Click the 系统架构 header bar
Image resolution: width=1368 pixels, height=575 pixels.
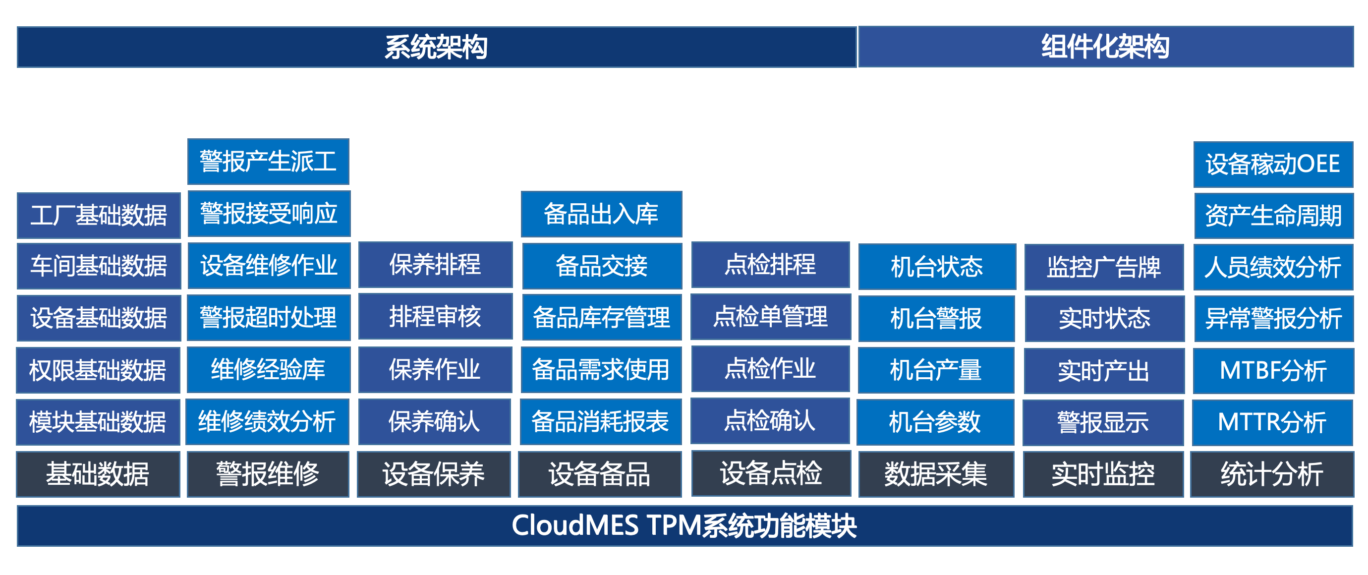tap(437, 47)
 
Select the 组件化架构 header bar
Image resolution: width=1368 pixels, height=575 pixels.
tap(1106, 47)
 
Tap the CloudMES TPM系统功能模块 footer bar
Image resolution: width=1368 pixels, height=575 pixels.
tap(684, 525)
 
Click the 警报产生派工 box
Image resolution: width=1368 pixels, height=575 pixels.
tap(268, 162)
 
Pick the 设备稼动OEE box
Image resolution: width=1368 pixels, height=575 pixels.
tap(1273, 164)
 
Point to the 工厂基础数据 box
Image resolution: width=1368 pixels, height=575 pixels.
tap(99, 216)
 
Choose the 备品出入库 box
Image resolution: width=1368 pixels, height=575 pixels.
tap(601, 214)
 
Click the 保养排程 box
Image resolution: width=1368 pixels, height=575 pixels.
tap(436, 264)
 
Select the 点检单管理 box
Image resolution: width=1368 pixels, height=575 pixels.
tap(771, 316)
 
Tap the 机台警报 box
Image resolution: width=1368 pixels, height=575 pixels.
tap(937, 319)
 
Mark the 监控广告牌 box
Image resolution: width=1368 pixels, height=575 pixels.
tap(1104, 267)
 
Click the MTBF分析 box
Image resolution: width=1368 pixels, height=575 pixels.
tap(1273, 371)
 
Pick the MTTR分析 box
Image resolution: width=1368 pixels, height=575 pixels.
tap(1272, 423)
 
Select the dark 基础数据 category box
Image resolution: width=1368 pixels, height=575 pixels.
tap(98, 474)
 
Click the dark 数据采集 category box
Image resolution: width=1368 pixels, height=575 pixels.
tap(936, 474)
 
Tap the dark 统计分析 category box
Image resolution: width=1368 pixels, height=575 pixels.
tap(1272, 474)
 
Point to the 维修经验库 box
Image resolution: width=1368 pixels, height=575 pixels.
tap(269, 369)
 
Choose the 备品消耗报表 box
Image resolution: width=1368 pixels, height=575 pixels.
tap(601, 421)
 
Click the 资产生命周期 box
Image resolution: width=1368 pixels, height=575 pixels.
tap(1273, 216)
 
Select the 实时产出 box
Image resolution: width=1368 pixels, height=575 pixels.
tap(1104, 371)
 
